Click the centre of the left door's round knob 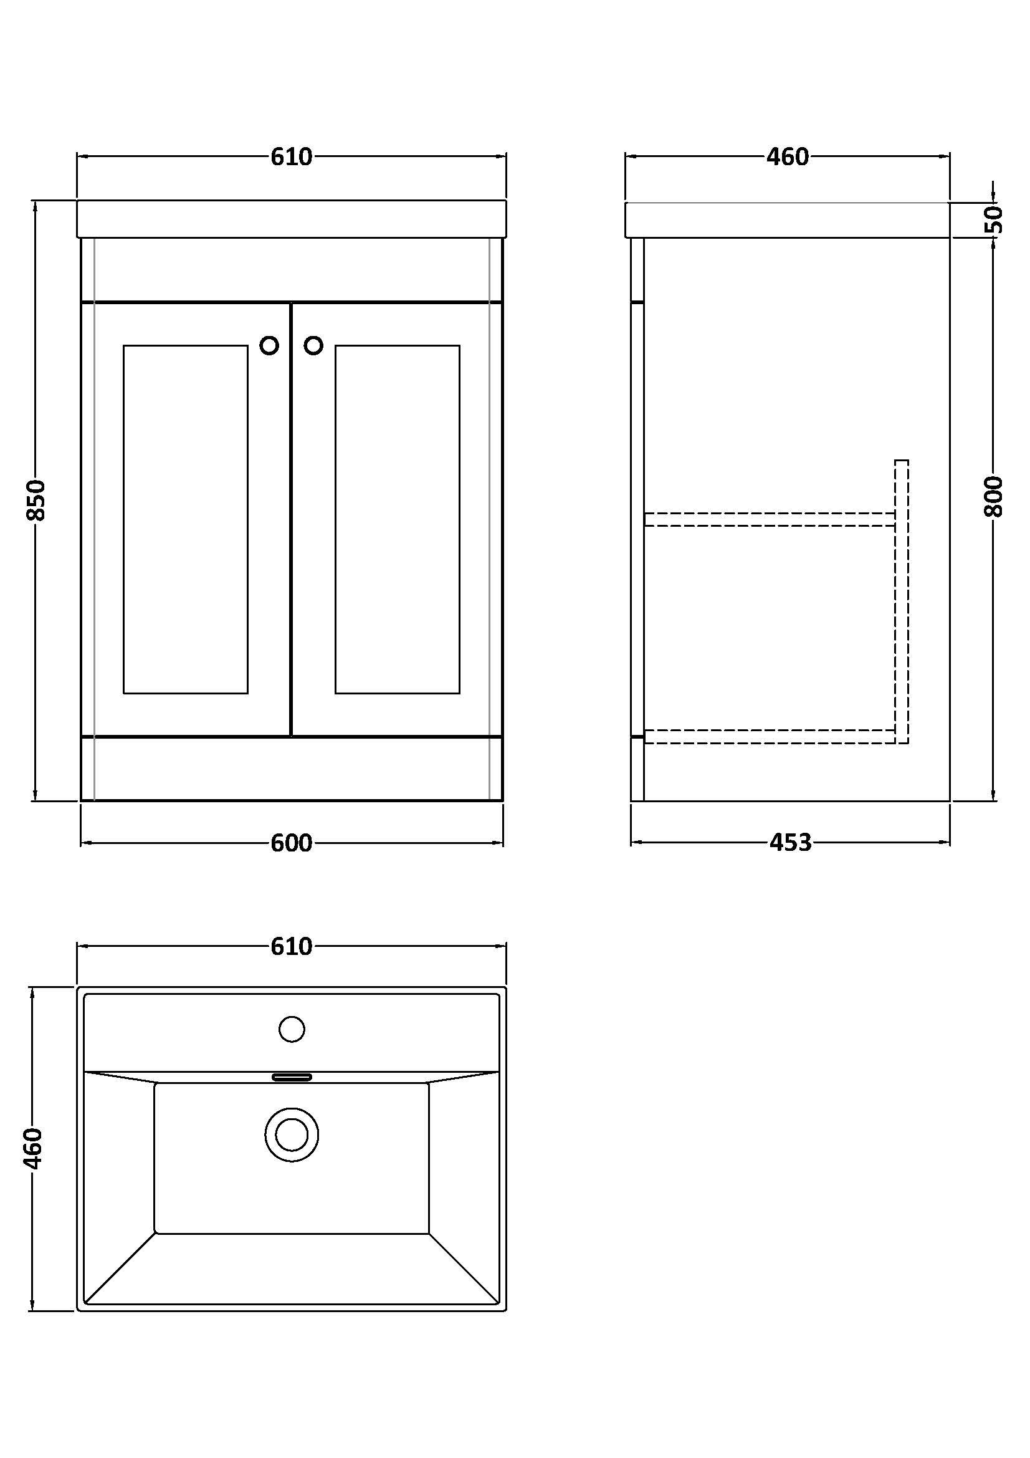pyautogui.click(x=269, y=345)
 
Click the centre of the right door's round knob pyautogui.click(x=313, y=345)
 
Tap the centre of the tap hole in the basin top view pyautogui.click(x=292, y=1029)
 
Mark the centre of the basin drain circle pyautogui.click(x=292, y=1134)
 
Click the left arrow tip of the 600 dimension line pyautogui.click(x=82, y=843)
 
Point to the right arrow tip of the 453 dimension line pyautogui.click(x=950, y=843)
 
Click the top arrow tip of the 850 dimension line pyautogui.click(x=36, y=201)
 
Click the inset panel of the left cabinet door pyautogui.click(x=185, y=519)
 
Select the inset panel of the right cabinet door pyautogui.click(x=398, y=519)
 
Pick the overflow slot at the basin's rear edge pyautogui.click(x=292, y=1077)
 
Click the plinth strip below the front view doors pyautogui.click(x=292, y=769)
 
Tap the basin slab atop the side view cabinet pyautogui.click(x=787, y=219)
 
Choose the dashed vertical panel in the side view pyautogui.click(x=901, y=602)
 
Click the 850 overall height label pyautogui.click(x=36, y=501)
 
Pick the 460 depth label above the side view pyautogui.click(x=788, y=156)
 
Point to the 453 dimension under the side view pyautogui.click(x=791, y=843)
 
